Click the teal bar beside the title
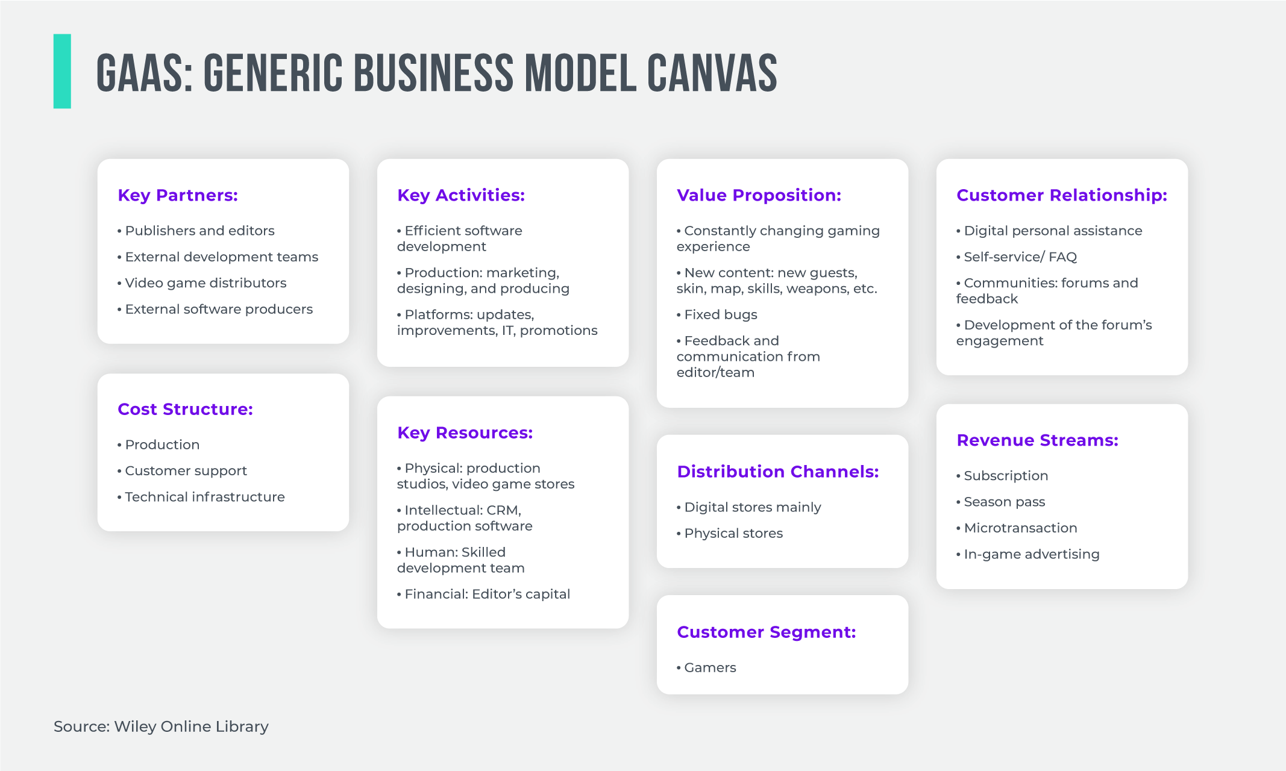pos(62,71)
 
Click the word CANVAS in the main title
pos(712,73)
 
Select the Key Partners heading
pos(178,195)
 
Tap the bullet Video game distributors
pos(205,283)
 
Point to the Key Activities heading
pos(461,195)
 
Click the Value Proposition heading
pos(759,195)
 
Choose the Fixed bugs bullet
pos(720,314)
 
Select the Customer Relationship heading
pos(1062,195)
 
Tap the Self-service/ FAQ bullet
pos(1020,257)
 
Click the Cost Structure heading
pos(185,409)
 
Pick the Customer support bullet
pos(186,471)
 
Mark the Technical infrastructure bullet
pos(204,497)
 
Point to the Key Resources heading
pos(465,432)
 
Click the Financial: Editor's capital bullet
pos(487,595)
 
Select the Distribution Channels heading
pos(777,472)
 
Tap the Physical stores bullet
pos(733,534)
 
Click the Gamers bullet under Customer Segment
pos(710,668)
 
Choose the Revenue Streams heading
pos(1037,440)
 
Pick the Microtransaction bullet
pos(1020,528)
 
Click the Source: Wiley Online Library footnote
pos(161,726)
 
